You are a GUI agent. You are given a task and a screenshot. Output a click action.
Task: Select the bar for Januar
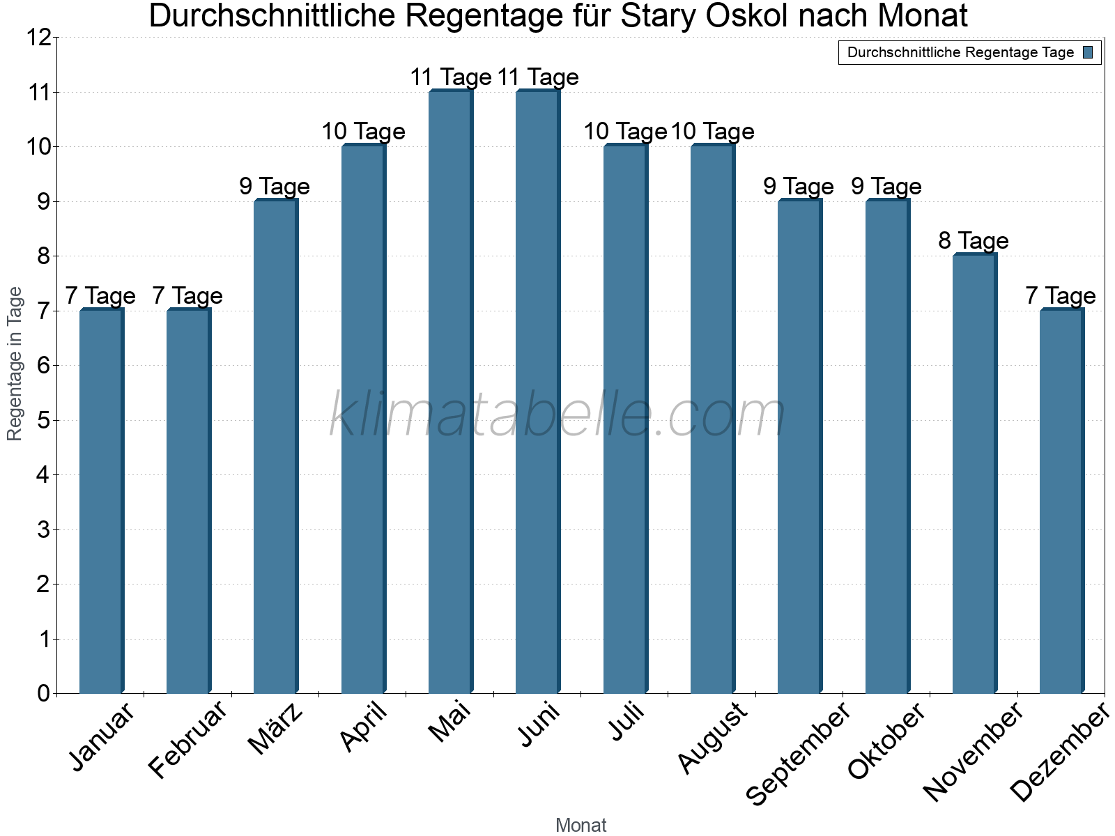click(101, 502)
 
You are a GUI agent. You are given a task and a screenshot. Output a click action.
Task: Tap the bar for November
click(974, 474)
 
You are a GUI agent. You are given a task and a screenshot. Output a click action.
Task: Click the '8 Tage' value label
click(973, 241)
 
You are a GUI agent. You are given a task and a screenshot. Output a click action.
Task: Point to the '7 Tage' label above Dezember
click(1060, 296)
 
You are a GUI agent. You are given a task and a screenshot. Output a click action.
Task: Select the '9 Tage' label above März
click(275, 187)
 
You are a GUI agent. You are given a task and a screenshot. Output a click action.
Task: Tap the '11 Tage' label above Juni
click(538, 77)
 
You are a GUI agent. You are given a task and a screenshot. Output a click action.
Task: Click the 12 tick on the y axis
click(38, 38)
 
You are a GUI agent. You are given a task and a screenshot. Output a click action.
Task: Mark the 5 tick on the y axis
click(44, 420)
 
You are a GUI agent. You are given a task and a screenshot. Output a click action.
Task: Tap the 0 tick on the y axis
click(44, 693)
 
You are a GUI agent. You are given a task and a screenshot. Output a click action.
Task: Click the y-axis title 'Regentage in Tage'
click(15, 364)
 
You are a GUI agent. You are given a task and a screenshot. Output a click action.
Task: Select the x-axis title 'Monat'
click(580, 826)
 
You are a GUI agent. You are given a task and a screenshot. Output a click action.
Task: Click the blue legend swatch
click(1089, 52)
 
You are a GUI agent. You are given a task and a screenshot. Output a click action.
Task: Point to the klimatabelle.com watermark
click(557, 416)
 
